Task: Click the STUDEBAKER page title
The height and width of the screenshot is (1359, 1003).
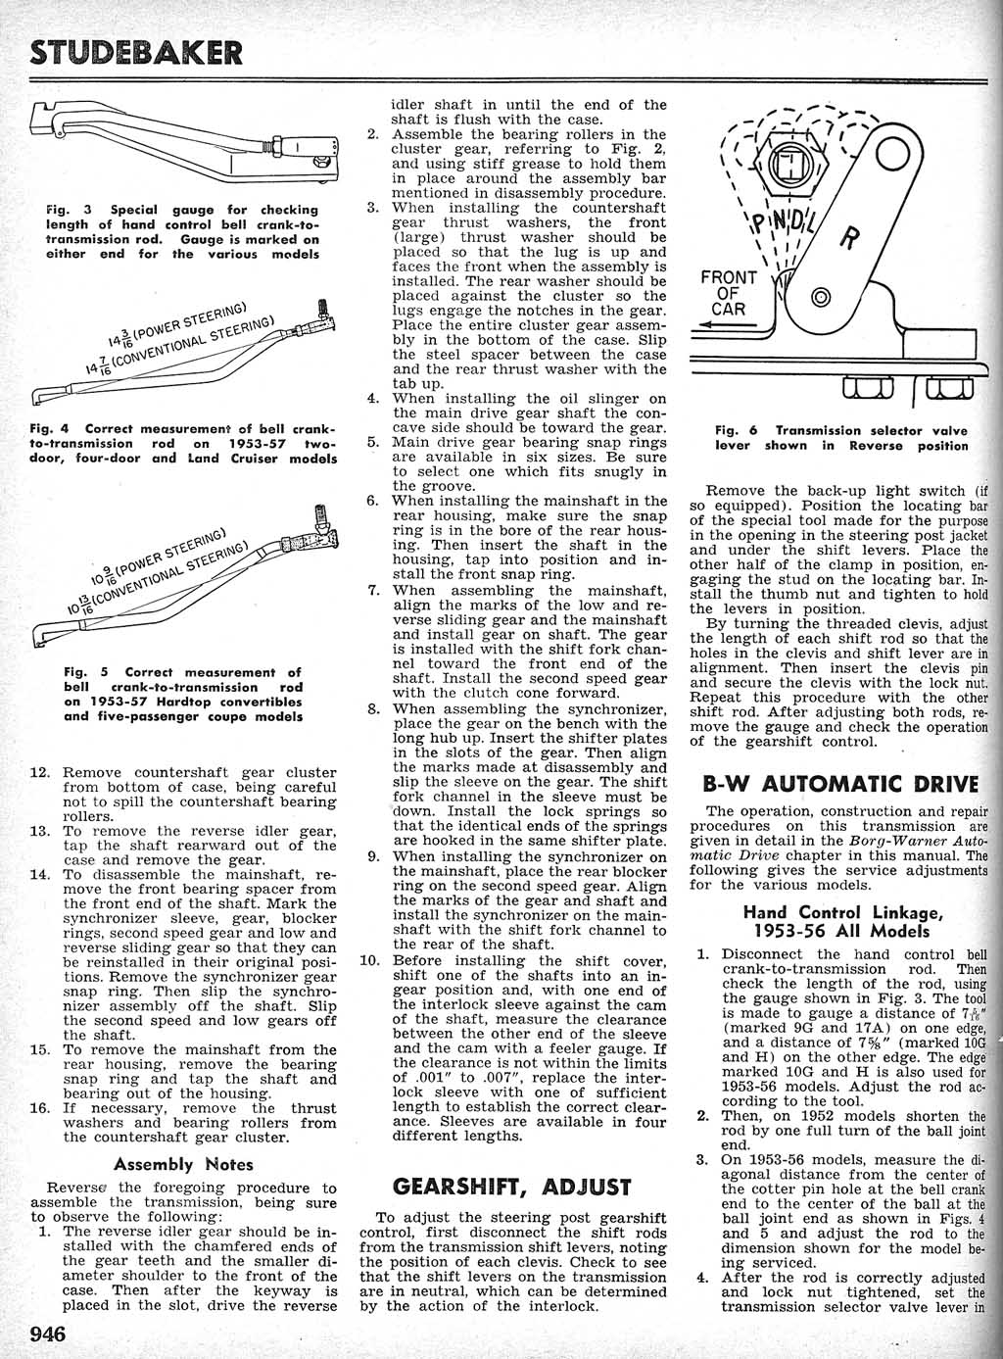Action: pyautogui.click(x=136, y=51)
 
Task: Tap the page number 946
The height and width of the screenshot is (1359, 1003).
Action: pyautogui.click(x=48, y=1335)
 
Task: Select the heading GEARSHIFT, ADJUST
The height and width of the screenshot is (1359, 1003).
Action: pyautogui.click(x=504, y=1187)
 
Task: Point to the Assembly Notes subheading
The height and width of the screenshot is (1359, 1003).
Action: pyautogui.click(x=183, y=1164)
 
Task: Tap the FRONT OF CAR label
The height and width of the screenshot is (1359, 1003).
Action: pyautogui.click(x=729, y=293)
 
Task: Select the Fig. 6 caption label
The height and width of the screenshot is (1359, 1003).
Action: pyautogui.click(x=739, y=430)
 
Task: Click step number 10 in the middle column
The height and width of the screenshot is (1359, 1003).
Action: pyautogui.click(x=370, y=960)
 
